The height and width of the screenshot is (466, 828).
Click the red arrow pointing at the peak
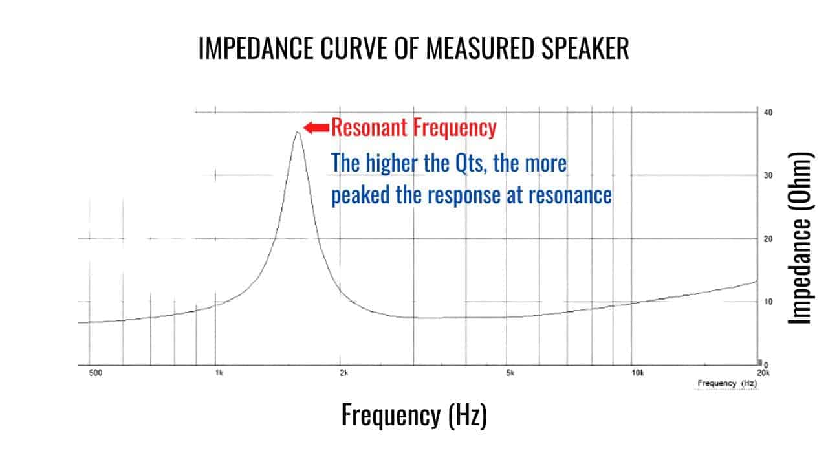pos(316,128)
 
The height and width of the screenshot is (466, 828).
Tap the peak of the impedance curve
pos(297,133)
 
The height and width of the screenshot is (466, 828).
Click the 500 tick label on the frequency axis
pos(96,373)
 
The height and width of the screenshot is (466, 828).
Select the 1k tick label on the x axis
pos(219,373)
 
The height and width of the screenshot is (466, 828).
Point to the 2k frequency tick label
pos(343,373)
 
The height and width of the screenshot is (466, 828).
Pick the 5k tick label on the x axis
pos(510,373)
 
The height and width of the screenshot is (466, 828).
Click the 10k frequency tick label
pos(637,373)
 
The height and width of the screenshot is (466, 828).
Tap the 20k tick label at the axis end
pos(763,373)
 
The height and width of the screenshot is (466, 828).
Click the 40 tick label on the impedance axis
pos(768,112)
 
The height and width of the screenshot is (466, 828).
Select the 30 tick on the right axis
pos(768,175)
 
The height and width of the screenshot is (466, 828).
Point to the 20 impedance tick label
pos(768,239)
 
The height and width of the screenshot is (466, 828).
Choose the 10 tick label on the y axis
pos(768,302)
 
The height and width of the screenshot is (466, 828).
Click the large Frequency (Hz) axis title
pos(414,415)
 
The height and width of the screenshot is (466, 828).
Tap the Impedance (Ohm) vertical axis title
pos(801,238)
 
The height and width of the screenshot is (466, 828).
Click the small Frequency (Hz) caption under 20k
pos(726,383)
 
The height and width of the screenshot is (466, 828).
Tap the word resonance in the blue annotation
pos(569,194)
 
